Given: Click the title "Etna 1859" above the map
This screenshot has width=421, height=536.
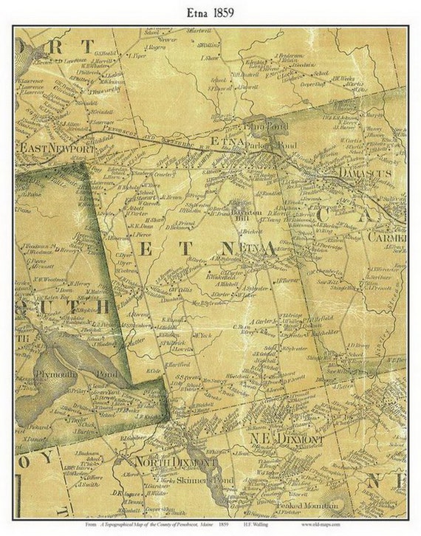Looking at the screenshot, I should pos(210,13).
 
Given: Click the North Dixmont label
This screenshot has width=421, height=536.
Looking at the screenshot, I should pos(165,462).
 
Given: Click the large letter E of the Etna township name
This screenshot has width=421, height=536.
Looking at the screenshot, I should pos(146,250).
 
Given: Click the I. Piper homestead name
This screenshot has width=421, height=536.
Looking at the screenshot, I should pos(137,55).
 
